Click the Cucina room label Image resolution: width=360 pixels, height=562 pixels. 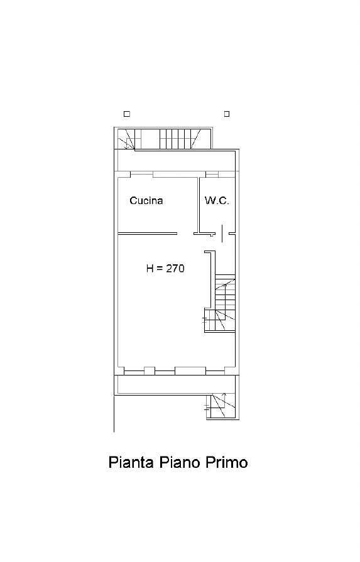click(146, 200)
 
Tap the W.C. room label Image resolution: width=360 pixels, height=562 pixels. click(217, 200)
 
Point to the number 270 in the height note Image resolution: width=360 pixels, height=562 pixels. click(175, 268)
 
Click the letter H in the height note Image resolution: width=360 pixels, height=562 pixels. click(150, 268)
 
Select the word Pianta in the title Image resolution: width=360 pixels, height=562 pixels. click(131, 462)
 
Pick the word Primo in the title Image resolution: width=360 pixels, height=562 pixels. click(227, 462)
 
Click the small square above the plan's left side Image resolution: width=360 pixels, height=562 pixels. click(126, 114)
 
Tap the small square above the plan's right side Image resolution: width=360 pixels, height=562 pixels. click(227, 114)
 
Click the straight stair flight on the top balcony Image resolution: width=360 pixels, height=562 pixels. click(175, 139)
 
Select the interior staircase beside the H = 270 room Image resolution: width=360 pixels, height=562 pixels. click(220, 303)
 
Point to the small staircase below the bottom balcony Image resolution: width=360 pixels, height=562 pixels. click(221, 406)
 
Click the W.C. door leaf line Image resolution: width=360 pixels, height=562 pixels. click(222, 234)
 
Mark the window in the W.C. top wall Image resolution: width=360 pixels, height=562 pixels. click(212, 175)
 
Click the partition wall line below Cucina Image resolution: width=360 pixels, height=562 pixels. click(148, 234)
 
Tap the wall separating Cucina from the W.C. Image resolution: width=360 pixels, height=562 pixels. click(198, 205)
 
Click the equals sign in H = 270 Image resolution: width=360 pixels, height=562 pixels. click(160, 269)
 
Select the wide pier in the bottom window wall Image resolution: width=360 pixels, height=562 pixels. click(190, 370)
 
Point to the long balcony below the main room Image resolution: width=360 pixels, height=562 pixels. click(176, 384)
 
